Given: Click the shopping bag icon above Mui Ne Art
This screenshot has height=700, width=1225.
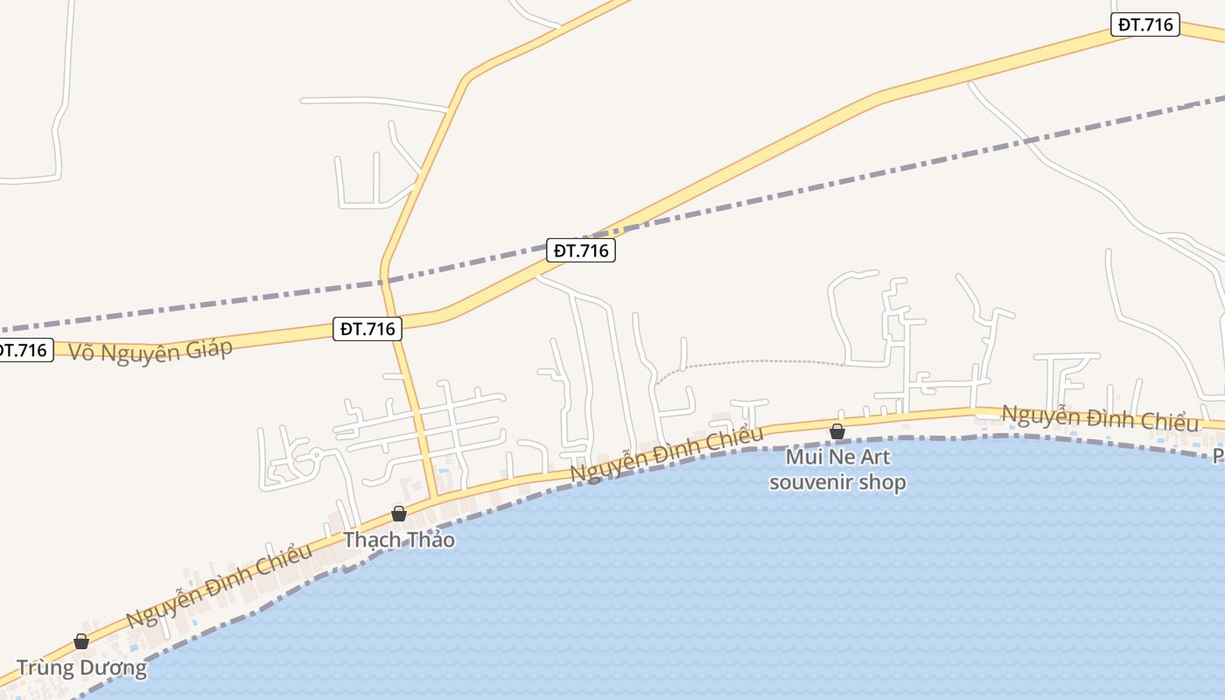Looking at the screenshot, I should point(837,431).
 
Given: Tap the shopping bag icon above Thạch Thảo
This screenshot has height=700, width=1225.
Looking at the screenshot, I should point(399,514).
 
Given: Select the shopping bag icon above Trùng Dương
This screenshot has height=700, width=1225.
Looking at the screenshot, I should point(81,641).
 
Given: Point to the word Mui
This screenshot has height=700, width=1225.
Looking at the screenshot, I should point(804,457).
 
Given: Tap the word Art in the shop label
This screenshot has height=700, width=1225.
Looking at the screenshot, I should point(874,457).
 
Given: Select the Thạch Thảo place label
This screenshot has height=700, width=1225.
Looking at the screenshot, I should point(399,539).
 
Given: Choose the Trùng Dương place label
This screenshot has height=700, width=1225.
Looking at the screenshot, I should point(81,668).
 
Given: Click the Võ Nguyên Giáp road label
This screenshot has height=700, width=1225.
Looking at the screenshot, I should point(150,350).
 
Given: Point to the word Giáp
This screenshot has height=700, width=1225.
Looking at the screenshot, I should point(209,347).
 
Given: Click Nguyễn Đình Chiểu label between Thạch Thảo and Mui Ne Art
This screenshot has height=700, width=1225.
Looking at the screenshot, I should point(667,452).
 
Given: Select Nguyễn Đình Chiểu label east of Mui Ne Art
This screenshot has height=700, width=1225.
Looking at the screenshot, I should point(1100,417).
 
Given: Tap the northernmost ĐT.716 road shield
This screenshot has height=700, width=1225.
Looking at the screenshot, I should point(1145,24).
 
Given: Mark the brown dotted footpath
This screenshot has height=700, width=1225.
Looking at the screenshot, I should point(752,361).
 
